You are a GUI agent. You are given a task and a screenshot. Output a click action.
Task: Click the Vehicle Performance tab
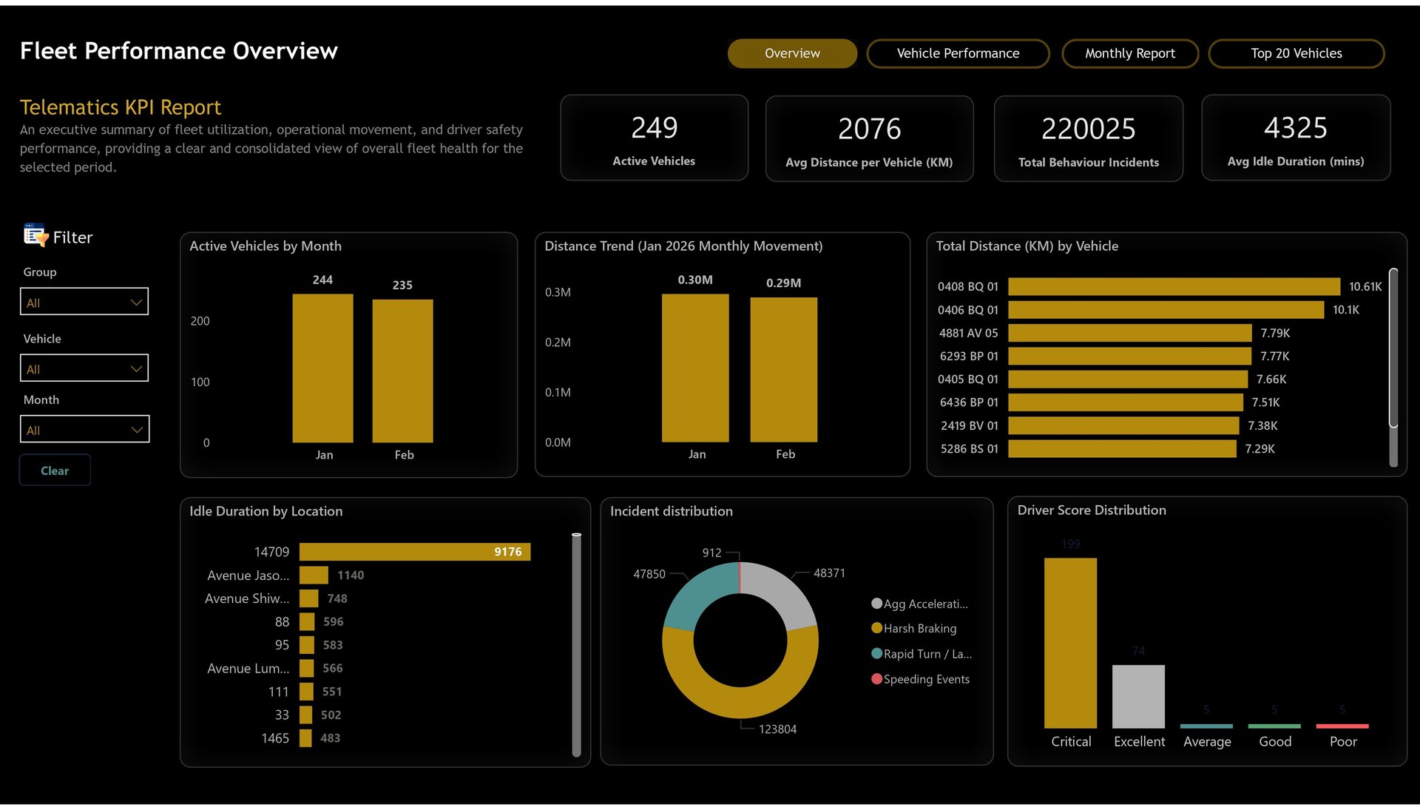tap(958, 53)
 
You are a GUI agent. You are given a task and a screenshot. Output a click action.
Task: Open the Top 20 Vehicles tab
tap(1296, 53)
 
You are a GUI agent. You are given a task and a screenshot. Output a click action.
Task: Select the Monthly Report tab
tap(1129, 53)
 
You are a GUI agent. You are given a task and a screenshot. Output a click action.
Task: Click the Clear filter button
tap(55, 470)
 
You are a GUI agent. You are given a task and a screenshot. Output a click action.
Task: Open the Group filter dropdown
tap(84, 302)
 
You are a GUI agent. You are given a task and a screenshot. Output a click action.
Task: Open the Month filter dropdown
tap(84, 430)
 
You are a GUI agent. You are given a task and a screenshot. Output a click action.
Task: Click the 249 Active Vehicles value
tap(654, 128)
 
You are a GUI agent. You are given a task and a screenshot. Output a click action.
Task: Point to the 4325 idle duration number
tap(1295, 128)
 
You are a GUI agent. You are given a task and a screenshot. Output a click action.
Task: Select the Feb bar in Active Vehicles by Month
tap(402, 370)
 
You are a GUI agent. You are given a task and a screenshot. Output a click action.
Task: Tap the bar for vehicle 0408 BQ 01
tap(1174, 286)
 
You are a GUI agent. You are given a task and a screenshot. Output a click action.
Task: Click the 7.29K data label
tap(1260, 449)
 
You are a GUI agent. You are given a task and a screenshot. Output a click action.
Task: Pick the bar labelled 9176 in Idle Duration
tap(414, 552)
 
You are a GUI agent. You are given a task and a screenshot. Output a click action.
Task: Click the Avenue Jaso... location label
tap(248, 576)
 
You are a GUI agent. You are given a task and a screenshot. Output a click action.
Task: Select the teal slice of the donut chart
tap(698, 595)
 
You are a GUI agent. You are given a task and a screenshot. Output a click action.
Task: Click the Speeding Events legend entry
tap(926, 679)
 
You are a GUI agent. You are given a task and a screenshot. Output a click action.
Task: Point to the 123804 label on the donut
tap(777, 729)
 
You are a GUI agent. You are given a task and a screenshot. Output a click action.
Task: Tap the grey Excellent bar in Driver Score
tap(1138, 696)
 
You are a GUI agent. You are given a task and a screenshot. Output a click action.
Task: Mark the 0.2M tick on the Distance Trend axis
tap(558, 342)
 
